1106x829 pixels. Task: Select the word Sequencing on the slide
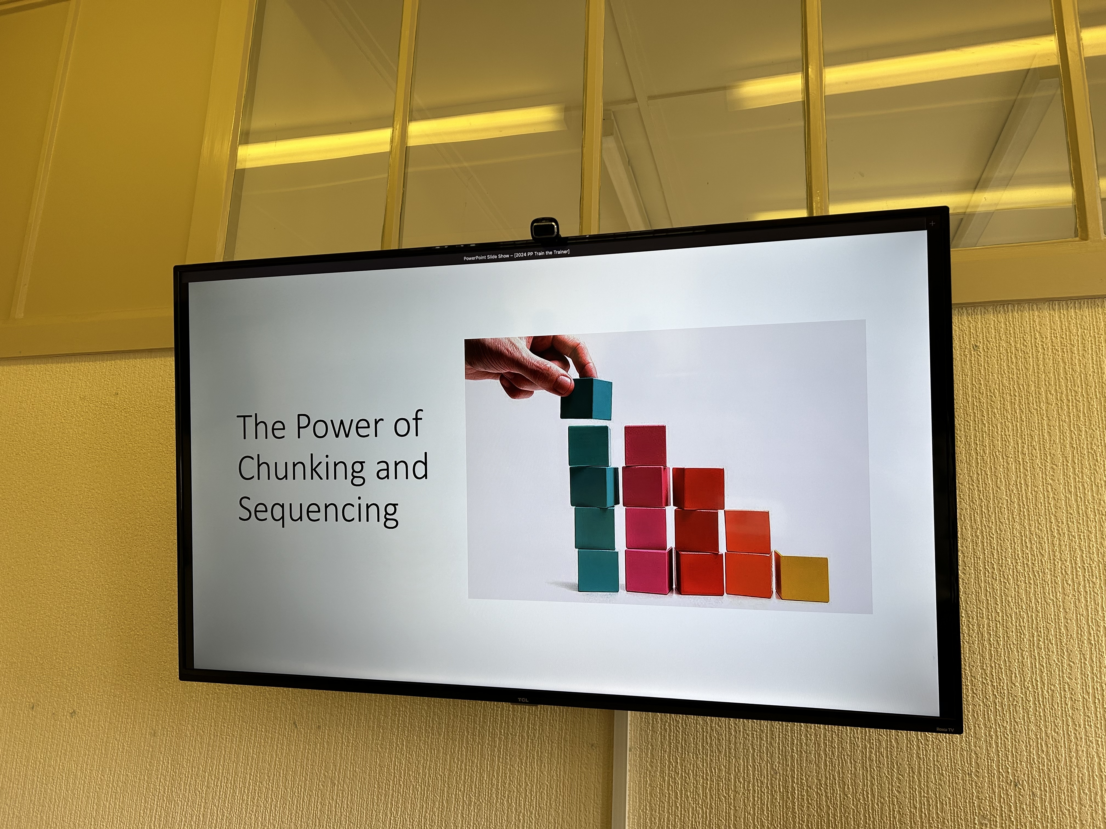[318, 510]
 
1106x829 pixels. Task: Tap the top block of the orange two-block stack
[747, 532]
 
